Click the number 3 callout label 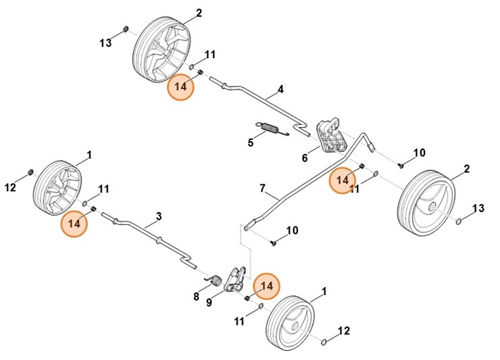pos(158,216)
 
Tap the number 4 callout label pos(280,90)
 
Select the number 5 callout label pos(251,143)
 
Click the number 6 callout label pos(305,158)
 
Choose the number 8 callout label pos(197,296)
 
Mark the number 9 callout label pos(209,303)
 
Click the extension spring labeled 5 pos(271,128)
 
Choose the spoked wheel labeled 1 pos(58,187)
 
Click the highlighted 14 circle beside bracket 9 pos(267,286)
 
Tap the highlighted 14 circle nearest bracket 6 pos(343,180)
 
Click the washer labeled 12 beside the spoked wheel pos(31,174)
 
